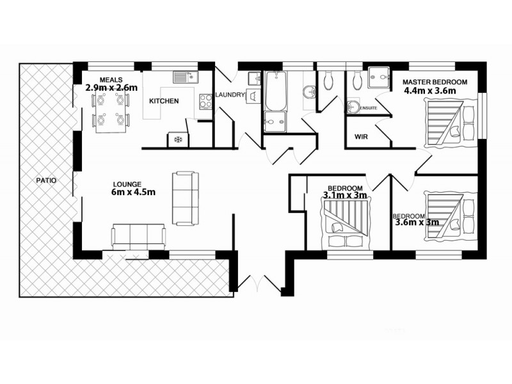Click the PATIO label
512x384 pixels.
click(46, 180)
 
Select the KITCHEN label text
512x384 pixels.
click(164, 101)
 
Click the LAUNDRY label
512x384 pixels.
click(230, 95)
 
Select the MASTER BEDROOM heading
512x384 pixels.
click(435, 82)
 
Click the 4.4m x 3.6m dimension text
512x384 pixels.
click(429, 91)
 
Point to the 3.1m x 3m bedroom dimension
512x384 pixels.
click(344, 195)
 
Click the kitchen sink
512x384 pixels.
click(185, 77)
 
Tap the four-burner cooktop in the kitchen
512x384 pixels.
click(206, 100)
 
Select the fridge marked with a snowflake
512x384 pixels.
click(177, 139)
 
